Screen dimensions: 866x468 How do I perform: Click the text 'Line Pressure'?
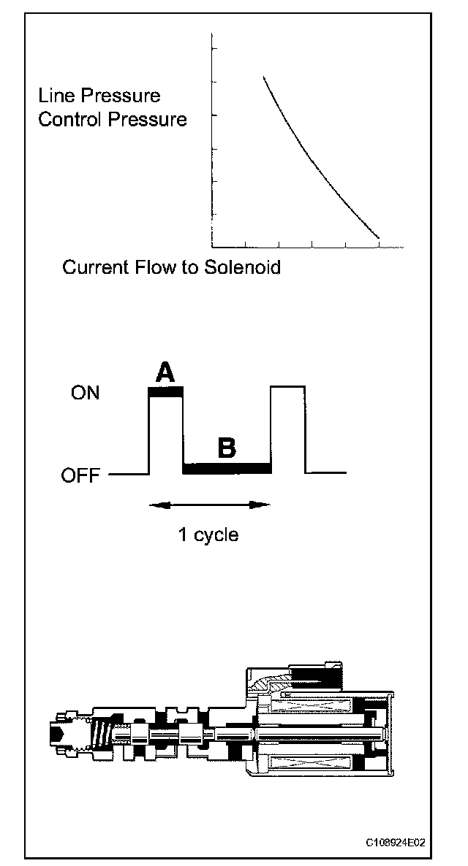point(99,96)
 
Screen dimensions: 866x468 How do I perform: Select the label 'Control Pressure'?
point(113,119)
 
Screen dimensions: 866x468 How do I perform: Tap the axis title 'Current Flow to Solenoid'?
point(171,267)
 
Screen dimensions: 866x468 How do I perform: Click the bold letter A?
point(166,373)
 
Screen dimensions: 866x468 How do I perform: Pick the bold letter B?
point(227,448)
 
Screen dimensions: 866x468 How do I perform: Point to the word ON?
point(86,394)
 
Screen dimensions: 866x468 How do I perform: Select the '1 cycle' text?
point(208,534)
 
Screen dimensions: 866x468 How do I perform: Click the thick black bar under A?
point(166,392)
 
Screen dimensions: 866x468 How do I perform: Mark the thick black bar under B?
point(227,468)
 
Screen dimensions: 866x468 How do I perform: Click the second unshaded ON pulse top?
point(288,387)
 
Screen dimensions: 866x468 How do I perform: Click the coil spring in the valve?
point(102,730)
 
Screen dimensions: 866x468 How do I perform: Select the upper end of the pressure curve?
point(264,77)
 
